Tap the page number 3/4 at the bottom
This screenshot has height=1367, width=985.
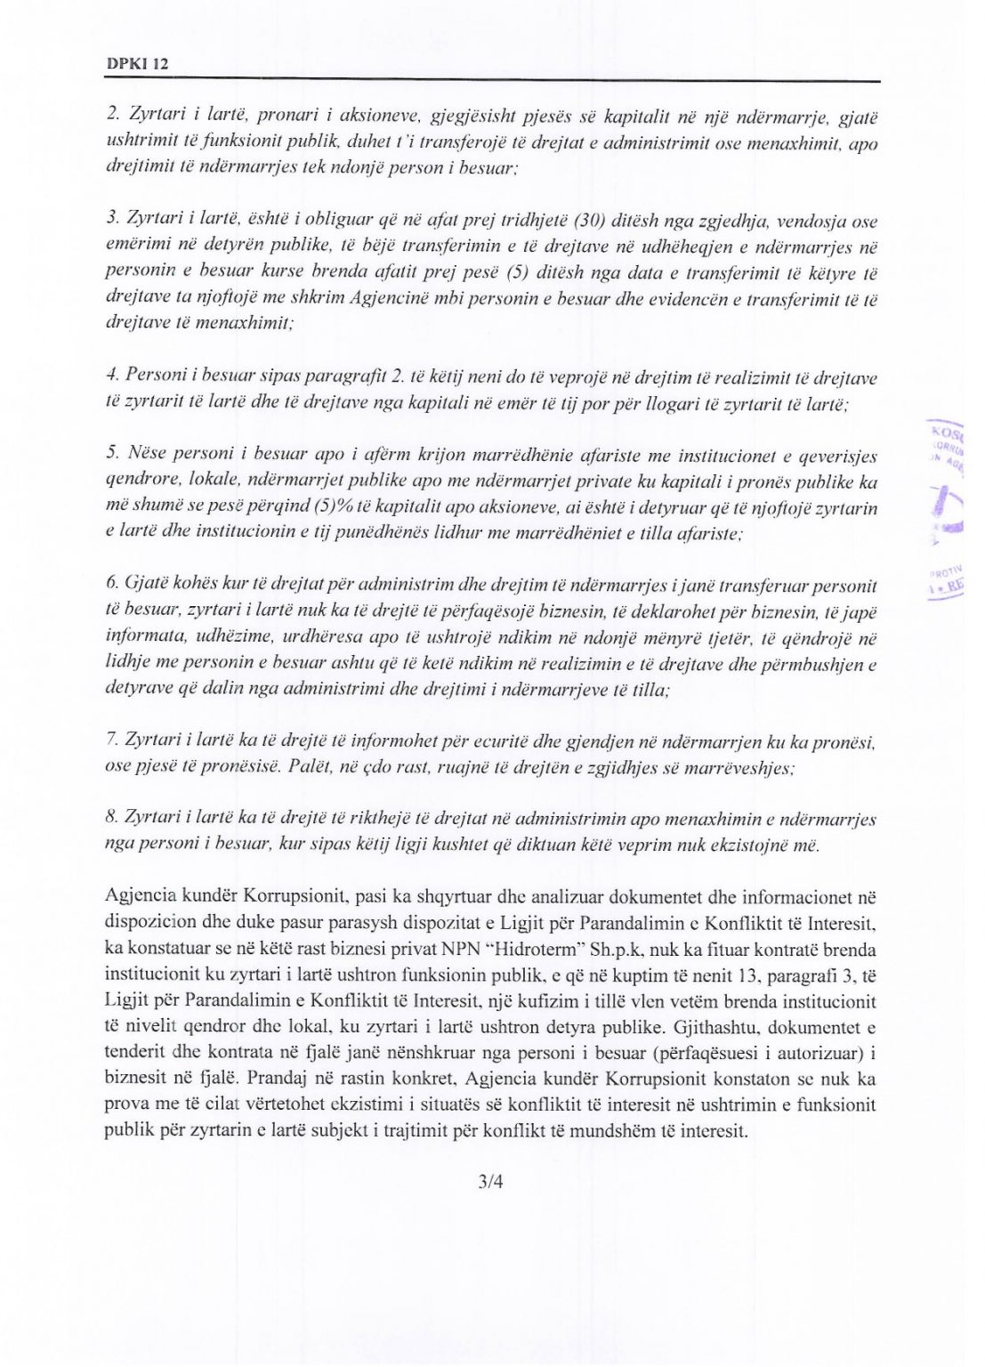(490, 1183)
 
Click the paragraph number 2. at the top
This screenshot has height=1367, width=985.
(112, 115)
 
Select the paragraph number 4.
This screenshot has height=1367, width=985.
(111, 376)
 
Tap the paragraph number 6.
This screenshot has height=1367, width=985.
(112, 585)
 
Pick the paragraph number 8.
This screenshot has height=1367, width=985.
(111, 819)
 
